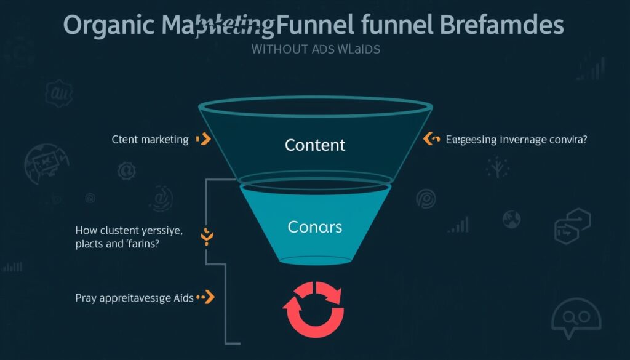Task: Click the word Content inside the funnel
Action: click(315, 145)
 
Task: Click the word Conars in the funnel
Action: click(314, 226)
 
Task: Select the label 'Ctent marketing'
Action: click(150, 140)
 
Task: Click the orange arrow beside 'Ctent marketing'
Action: click(204, 140)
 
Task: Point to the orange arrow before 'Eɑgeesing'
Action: click(430, 140)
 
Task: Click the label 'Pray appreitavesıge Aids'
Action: click(135, 298)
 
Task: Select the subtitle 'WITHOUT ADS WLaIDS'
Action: click(316, 49)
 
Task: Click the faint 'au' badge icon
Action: click(59, 95)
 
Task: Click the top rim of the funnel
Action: click(315, 105)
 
